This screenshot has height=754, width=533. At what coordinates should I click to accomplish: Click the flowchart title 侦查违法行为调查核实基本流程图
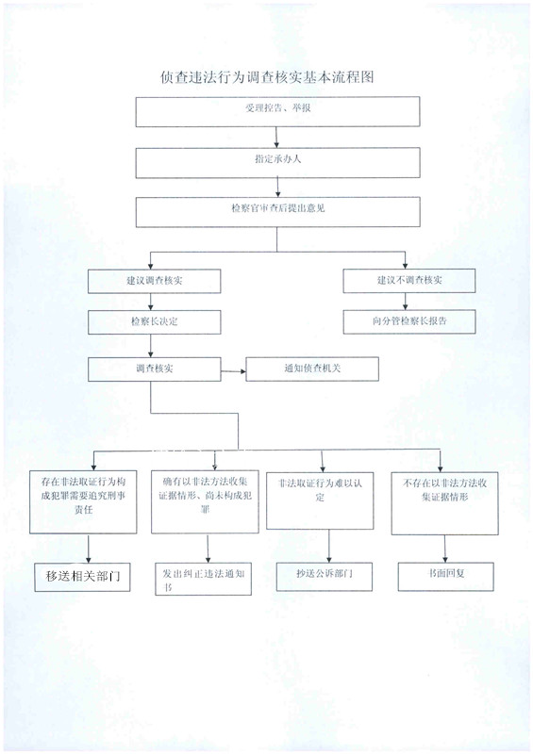click(x=267, y=77)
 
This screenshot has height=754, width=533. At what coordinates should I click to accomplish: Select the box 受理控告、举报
click(x=277, y=112)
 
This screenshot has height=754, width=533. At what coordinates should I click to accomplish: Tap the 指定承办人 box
click(x=277, y=162)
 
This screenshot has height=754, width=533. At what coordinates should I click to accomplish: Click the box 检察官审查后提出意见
click(x=277, y=212)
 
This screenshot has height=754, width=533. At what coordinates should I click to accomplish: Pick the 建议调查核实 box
click(x=154, y=281)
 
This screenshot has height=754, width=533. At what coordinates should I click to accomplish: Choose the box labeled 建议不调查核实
click(x=409, y=281)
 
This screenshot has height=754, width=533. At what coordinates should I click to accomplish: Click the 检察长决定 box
click(x=154, y=322)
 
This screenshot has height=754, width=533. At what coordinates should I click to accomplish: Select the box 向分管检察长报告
click(x=409, y=321)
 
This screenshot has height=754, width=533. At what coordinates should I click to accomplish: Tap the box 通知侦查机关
click(x=312, y=369)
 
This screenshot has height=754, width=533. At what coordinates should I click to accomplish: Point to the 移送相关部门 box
click(x=82, y=577)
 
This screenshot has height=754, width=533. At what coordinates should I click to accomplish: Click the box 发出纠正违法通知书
click(x=203, y=579)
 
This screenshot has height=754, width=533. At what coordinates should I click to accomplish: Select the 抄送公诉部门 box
click(x=324, y=576)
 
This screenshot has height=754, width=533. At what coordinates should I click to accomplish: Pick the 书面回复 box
click(x=446, y=577)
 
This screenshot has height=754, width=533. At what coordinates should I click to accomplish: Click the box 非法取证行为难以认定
click(x=320, y=500)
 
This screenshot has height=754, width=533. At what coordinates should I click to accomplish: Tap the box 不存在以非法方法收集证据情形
click(x=444, y=503)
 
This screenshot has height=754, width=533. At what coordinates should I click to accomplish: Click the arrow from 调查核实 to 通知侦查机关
click(x=234, y=371)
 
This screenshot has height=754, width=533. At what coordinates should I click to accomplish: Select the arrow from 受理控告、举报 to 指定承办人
click(x=276, y=138)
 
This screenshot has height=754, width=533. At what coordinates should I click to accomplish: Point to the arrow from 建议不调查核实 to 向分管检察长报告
click(x=405, y=302)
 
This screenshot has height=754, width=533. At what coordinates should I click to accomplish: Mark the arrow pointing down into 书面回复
click(x=445, y=549)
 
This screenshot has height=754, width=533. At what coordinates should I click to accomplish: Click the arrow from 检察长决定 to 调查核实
click(x=151, y=346)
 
